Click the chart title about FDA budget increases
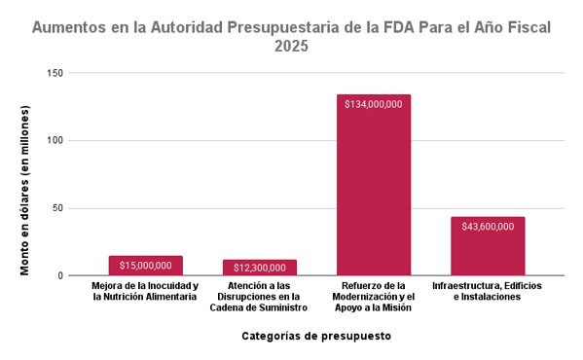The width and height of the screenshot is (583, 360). click(291, 27)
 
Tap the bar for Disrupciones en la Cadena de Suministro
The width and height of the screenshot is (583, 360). click(260, 272)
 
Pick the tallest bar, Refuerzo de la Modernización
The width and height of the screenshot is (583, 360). click(374, 195)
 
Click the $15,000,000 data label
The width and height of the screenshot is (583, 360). click(146, 265)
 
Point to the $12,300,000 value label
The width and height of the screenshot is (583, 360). click(260, 268)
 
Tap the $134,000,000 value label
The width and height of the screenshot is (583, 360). click(374, 104)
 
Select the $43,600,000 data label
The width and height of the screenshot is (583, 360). click(488, 227)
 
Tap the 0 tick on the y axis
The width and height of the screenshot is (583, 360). click(60, 275)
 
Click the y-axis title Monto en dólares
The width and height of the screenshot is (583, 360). click(25, 189)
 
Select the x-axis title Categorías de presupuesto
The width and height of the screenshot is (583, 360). click(317, 337)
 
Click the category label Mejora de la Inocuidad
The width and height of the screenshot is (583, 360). click(146, 291)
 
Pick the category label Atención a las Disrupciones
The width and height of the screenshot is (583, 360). click(259, 296)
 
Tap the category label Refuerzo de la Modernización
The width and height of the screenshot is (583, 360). click(374, 296)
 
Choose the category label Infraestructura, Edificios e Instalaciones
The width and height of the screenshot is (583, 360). click(487, 291)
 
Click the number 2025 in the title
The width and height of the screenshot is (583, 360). click(291, 46)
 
